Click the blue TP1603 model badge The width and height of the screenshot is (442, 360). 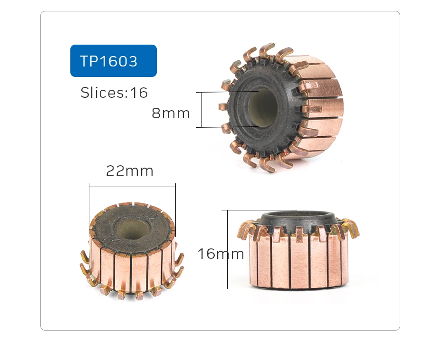click(113, 61)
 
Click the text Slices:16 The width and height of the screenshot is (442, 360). click(114, 92)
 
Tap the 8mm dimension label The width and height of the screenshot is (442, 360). click(171, 114)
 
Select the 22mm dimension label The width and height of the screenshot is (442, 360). click(130, 171)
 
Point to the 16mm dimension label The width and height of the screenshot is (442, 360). click(221, 254)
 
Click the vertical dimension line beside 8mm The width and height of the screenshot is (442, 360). click(202, 110)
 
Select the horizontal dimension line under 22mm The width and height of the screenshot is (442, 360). click(132, 187)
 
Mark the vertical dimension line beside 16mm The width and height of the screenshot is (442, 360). click(228, 249)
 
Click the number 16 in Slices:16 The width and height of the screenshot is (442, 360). click(139, 92)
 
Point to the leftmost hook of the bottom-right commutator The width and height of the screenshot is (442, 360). click(243, 230)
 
